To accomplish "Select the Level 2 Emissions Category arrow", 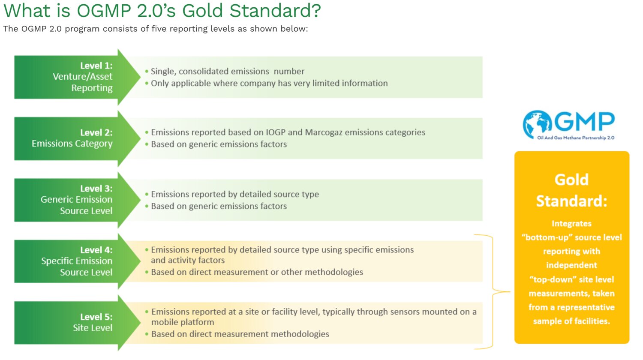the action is point(78,138).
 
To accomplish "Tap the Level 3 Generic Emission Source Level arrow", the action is point(78,200).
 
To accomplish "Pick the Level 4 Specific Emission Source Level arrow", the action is point(78,261).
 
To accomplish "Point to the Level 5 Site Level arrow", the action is point(78,323).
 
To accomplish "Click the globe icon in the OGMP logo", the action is point(537,124).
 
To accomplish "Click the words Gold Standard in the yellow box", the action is point(571,190).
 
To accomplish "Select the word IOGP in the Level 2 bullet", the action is point(276,132).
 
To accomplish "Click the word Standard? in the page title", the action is point(275,10).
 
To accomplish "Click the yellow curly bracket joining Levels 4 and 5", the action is point(493,292).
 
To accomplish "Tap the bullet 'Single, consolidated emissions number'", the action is point(225,71).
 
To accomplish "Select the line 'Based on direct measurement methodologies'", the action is point(237,334).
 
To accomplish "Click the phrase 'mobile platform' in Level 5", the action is point(183,322).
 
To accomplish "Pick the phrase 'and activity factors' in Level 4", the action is point(188,260).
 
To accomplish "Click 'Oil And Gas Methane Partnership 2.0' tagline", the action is point(576,138).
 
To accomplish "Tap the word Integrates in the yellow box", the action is point(571,224).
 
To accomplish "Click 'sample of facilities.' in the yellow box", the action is point(571,321).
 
